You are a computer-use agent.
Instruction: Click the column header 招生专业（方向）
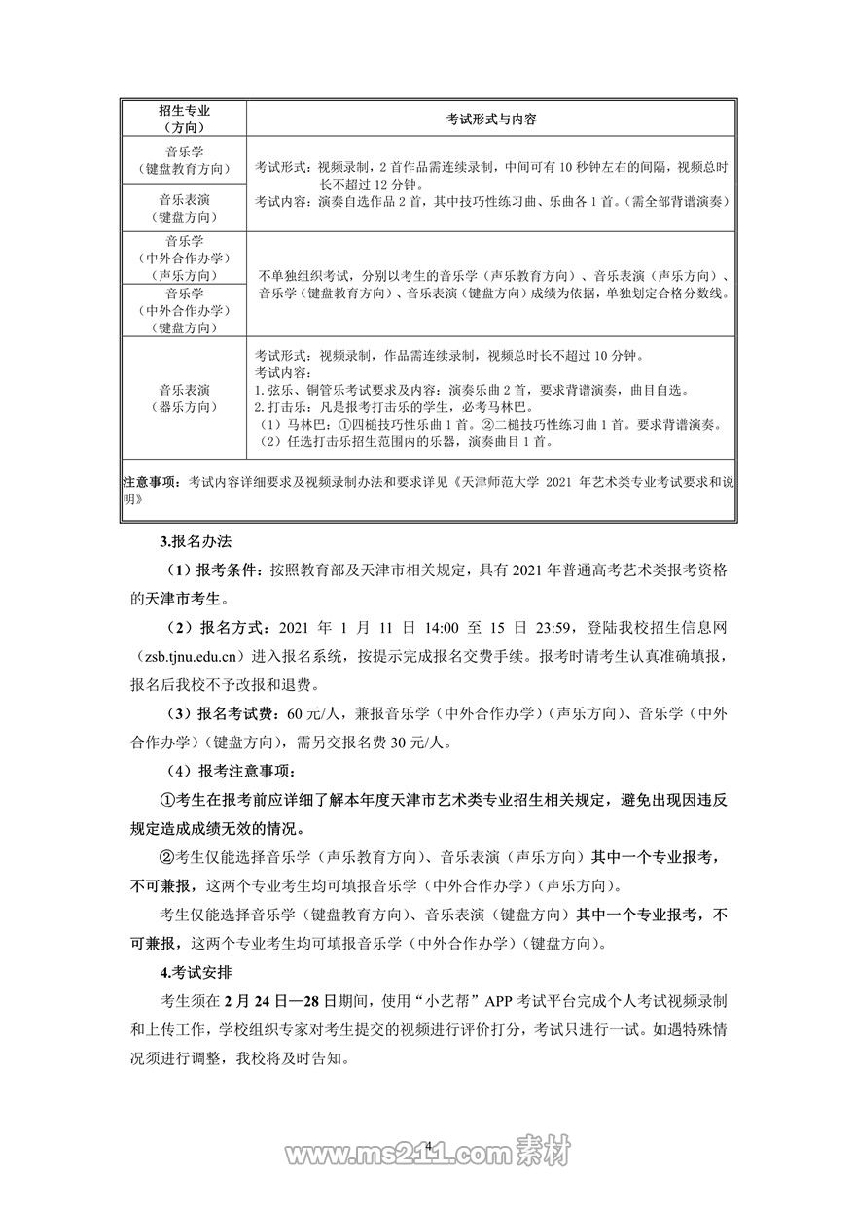pyautogui.click(x=183, y=120)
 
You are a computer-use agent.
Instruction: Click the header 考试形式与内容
pyautogui.click(x=491, y=120)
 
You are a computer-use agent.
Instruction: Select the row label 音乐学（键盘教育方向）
pyautogui.click(x=183, y=159)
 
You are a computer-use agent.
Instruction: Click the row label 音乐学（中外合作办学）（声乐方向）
pyautogui.click(x=183, y=258)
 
